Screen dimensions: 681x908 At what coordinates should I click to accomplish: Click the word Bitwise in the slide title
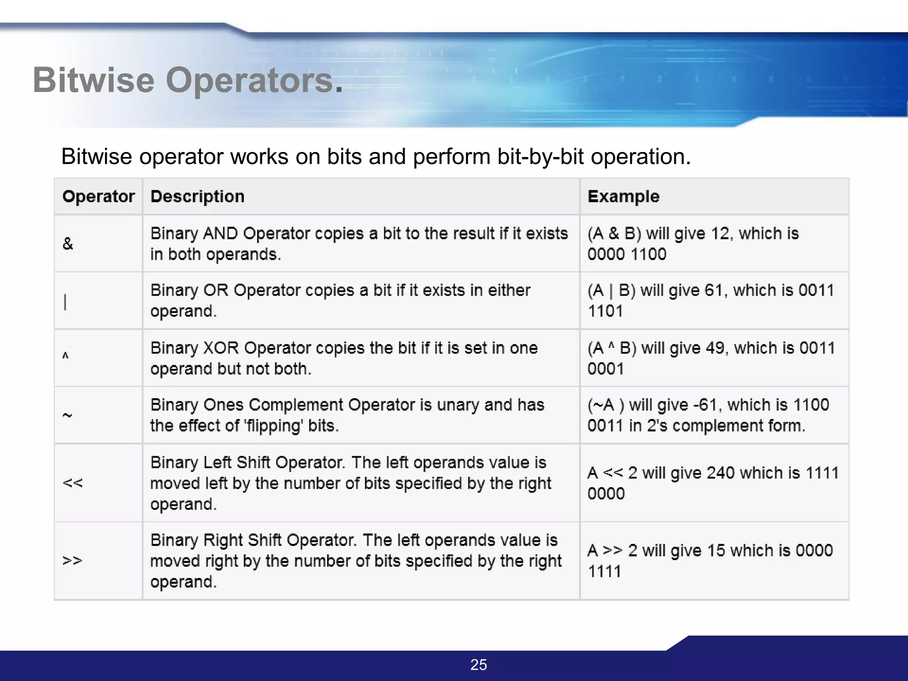point(94,80)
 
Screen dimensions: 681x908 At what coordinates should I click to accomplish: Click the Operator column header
point(98,196)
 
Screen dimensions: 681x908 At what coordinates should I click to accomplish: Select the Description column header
point(197,196)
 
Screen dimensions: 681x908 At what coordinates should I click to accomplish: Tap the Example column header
point(623,196)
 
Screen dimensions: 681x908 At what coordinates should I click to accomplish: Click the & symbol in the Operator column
point(68,243)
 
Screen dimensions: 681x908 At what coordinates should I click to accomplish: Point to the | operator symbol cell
point(66,302)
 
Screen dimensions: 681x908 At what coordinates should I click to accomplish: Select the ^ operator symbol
point(66,356)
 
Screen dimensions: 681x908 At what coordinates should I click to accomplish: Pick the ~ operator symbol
point(67,415)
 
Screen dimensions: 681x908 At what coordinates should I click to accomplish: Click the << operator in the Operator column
point(73,483)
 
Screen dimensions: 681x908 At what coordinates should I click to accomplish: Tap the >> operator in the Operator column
point(73,560)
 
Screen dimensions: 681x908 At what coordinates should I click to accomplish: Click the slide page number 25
point(478,665)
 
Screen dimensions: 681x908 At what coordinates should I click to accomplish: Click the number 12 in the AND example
point(720,234)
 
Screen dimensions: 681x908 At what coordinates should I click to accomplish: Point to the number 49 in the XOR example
point(715,348)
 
